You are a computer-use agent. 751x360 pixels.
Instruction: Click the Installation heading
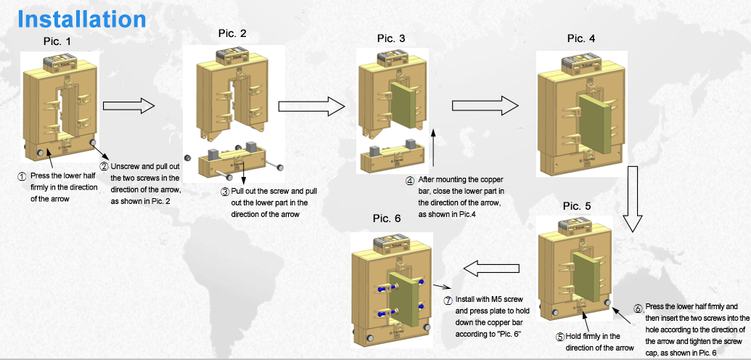point(81,19)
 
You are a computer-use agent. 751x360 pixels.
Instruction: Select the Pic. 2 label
point(232,33)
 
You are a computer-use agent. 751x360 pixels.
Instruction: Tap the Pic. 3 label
point(391,38)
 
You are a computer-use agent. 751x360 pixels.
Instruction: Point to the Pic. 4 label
point(581,38)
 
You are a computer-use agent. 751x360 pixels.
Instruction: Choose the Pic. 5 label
point(577,206)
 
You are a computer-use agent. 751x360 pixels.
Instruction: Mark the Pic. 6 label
point(387,218)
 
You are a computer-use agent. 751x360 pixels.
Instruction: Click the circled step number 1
point(22,176)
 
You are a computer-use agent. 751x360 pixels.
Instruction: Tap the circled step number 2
point(104,166)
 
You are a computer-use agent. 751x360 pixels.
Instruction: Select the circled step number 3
point(225,192)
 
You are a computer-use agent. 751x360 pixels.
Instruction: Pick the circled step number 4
point(410,180)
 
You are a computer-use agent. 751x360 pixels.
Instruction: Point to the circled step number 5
point(559,337)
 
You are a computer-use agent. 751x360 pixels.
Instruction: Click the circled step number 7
point(448,300)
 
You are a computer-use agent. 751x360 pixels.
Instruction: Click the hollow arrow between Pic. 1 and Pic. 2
point(130,107)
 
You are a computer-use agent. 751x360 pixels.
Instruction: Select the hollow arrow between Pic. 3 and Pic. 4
point(480,106)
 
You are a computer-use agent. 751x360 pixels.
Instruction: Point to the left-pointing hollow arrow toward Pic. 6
point(491,269)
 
